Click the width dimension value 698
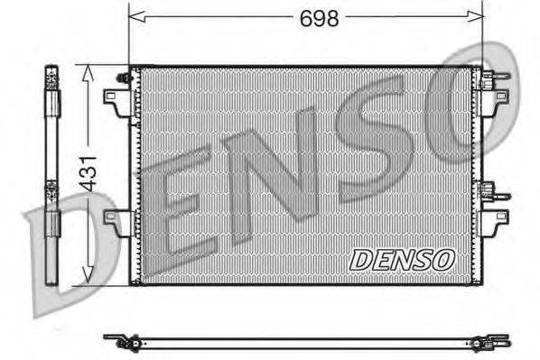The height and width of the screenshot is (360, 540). (x=320, y=17)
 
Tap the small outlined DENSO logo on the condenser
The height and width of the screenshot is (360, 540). (x=401, y=259)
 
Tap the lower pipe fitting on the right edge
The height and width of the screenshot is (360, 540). (x=490, y=191)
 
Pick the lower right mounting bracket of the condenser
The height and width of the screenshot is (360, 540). (x=495, y=220)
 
